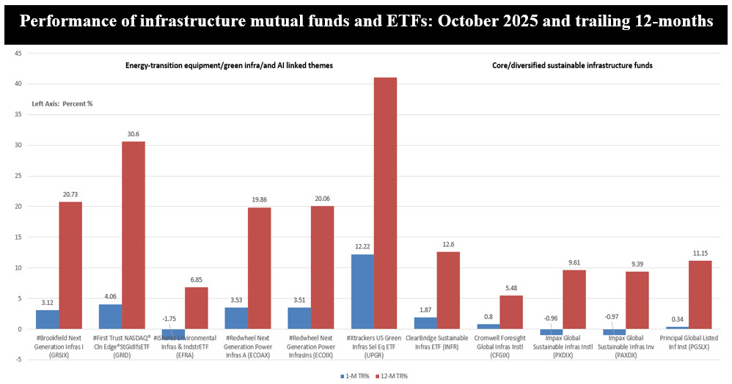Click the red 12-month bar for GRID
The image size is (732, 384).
133,235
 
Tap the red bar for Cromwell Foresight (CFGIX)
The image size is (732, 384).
511,312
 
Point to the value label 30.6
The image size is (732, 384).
133,135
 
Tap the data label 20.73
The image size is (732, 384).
70,195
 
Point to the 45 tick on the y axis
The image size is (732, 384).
16,53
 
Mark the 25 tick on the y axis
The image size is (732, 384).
16,176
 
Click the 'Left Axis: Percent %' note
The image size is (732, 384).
62,104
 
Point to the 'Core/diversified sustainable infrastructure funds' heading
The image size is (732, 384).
571,65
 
